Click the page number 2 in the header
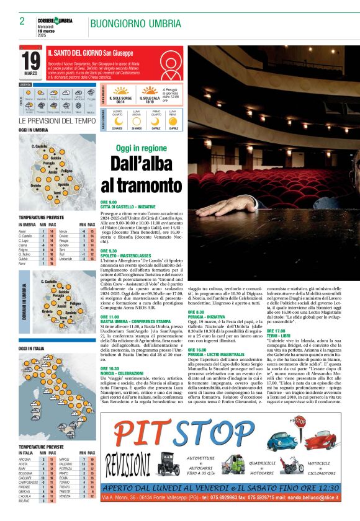tap(22, 21)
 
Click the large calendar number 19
tap(31, 60)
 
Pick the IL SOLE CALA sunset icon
tap(150, 90)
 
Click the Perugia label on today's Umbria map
tap(50, 163)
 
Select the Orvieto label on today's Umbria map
tap(35, 185)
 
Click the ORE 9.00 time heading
tap(109, 202)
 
